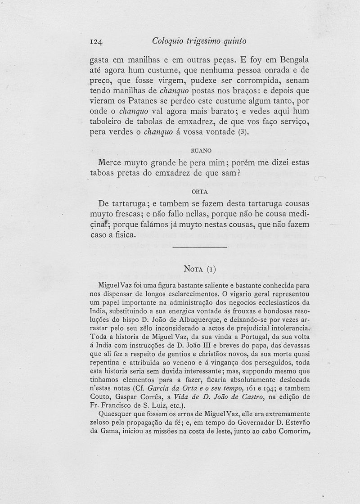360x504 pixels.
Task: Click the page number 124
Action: pyautogui.click(x=97, y=41)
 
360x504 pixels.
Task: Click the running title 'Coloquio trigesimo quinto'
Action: pyautogui.click(x=199, y=41)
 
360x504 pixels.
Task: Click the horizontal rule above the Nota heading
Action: pyautogui.click(x=200, y=247)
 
